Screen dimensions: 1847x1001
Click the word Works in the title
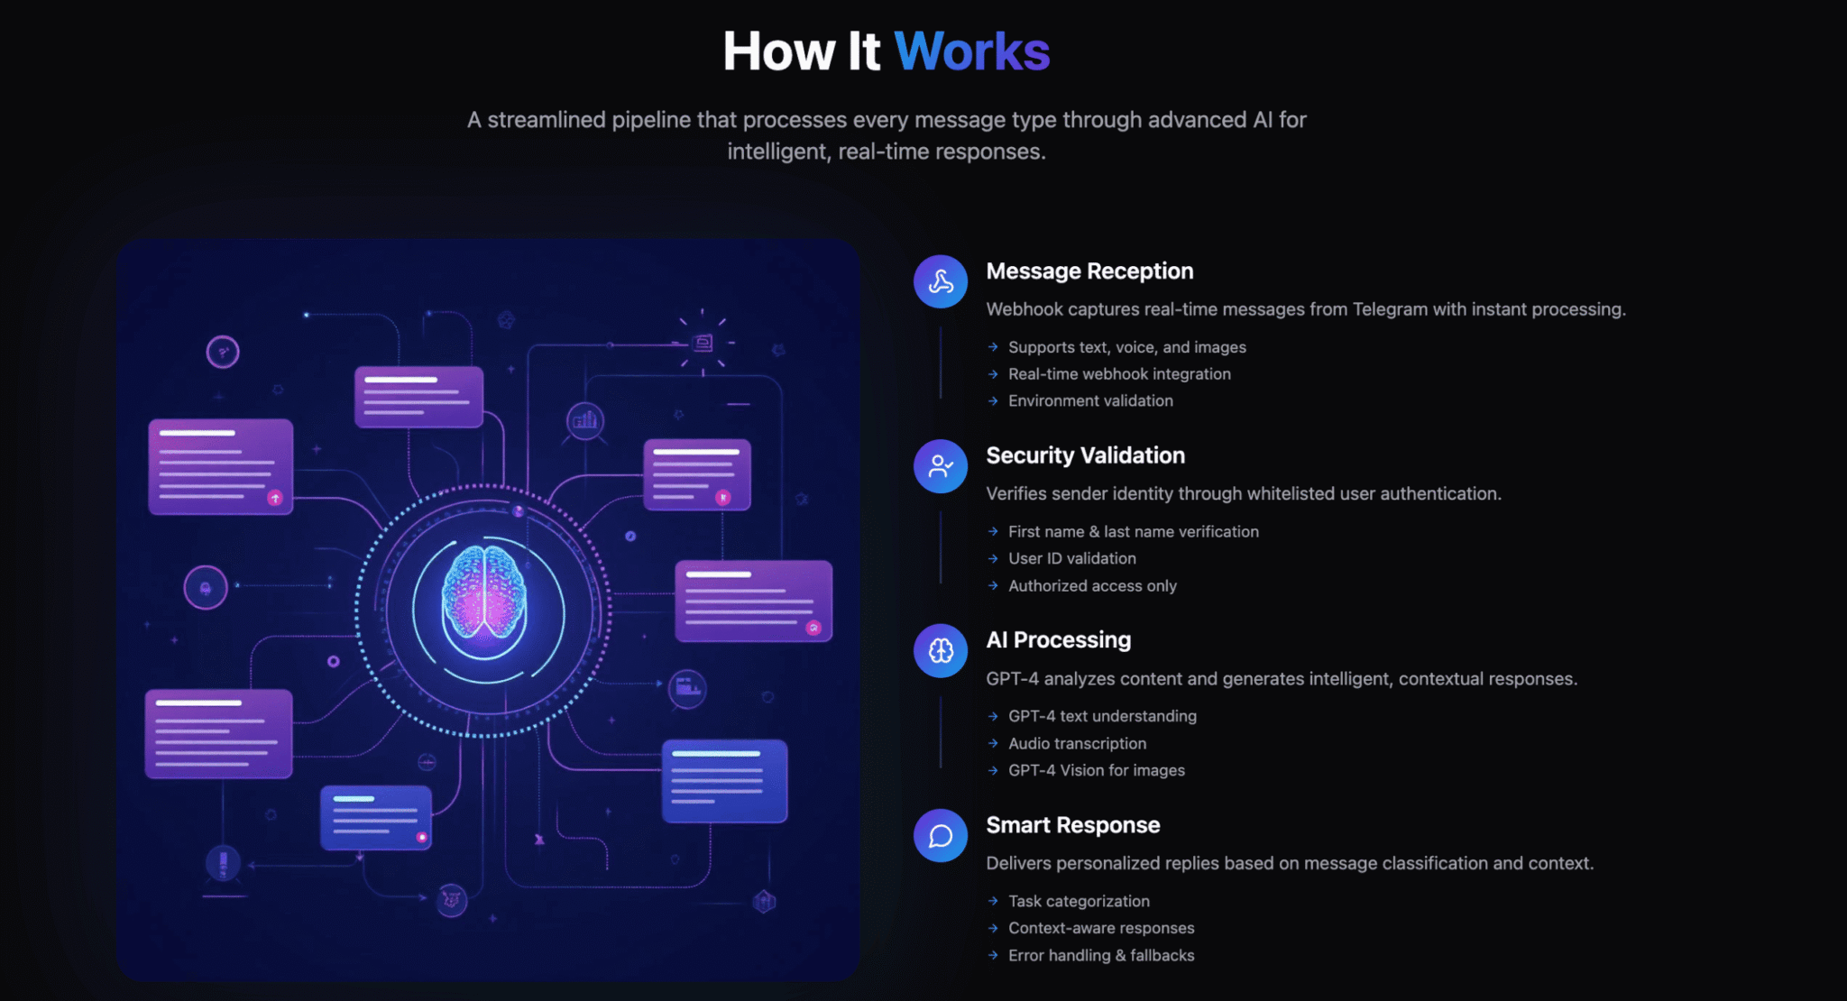(972, 51)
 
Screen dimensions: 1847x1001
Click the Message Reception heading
(1089, 271)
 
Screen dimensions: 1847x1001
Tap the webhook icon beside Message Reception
(941, 281)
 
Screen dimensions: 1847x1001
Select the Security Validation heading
(1086, 455)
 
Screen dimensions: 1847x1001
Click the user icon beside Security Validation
(941, 466)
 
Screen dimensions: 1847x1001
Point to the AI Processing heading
(1059, 640)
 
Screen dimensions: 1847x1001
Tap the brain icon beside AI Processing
(941, 650)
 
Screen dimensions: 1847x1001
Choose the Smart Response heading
(1073, 825)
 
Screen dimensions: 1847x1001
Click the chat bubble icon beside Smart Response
(941, 835)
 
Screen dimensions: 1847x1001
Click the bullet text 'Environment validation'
(1090, 400)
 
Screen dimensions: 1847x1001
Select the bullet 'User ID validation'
(1072, 558)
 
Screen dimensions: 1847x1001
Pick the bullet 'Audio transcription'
(1078, 743)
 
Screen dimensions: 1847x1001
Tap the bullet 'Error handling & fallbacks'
(1101, 955)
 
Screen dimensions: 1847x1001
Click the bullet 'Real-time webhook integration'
(1119, 373)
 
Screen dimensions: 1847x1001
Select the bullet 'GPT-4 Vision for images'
(1097, 770)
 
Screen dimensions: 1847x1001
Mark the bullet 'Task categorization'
(1079, 901)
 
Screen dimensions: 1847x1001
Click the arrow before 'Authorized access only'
(993, 585)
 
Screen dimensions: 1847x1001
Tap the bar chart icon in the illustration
(585, 419)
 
